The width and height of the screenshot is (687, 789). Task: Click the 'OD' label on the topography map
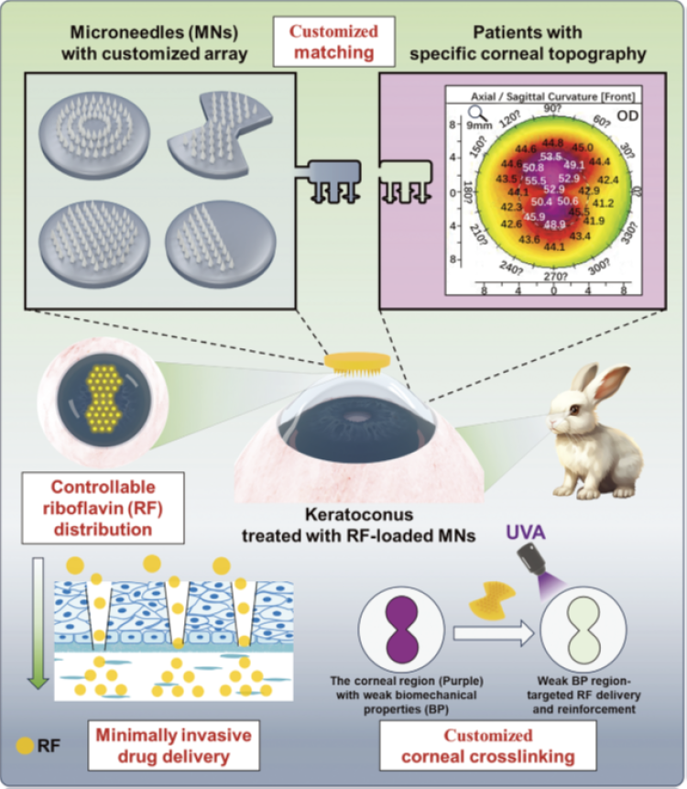[627, 116]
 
